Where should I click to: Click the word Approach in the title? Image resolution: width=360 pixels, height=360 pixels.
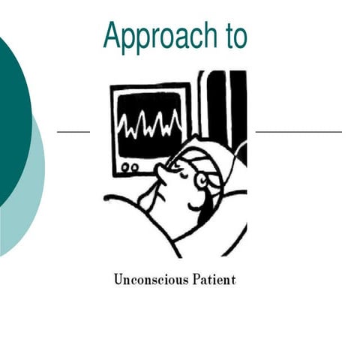pyautogui.click(x=157, y=35)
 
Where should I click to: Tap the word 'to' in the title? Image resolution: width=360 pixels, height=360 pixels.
pyautogui.click(x=232, y=35)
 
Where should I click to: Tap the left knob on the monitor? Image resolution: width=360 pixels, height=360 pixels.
pyautogui.click(x=124, y=166)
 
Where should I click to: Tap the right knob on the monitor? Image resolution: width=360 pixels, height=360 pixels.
pyautogui.click(x=134, y=166)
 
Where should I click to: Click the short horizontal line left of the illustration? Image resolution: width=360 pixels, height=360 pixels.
pyautogui.click(x=73, y=131)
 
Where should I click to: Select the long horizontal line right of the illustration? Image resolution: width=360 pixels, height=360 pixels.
pyautogui.click(x=298, y=131)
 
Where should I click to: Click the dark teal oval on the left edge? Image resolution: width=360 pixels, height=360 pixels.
pyautogui.click(x=11, y=112)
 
